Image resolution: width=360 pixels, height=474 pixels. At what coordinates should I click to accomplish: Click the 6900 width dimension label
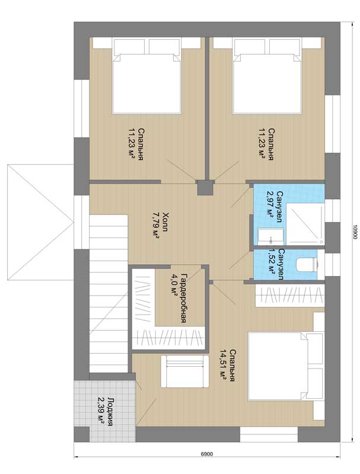tap(206, 454)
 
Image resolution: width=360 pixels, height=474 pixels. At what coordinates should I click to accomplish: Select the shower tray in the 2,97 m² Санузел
tap(305, 224)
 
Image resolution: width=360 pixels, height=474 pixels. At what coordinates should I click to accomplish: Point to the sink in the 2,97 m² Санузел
tap(271, 236)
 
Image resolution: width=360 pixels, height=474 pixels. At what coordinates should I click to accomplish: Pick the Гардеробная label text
tap(183, 298)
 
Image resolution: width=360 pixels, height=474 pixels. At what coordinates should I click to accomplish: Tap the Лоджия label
tap(110, 412)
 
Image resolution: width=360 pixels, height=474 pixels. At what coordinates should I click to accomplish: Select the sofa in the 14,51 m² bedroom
tap(185, 371)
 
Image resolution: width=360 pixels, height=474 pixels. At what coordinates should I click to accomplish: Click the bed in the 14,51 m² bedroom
tap(285, 366)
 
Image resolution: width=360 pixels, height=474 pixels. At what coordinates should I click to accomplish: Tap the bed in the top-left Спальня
tap(147, 76)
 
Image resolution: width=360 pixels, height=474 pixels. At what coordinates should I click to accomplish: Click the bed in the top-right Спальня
tap(267, 76)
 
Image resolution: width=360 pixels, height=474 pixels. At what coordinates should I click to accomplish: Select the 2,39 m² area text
tap(101, 412)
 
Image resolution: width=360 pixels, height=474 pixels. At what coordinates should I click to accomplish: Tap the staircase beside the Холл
tap(109, 293)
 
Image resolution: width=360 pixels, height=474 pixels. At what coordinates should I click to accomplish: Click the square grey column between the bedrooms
tap(205, 188)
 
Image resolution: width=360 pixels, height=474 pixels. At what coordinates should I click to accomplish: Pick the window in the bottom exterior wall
tap(269, 434)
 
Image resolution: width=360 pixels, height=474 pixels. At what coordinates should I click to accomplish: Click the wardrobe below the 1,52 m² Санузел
tap(289, 296)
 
